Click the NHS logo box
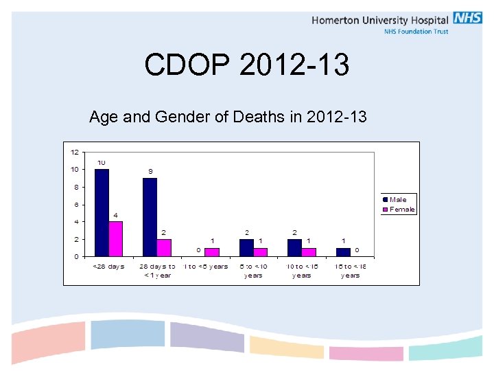pos(467,19)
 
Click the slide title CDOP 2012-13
pos(247,65)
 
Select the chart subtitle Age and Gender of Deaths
pos(228,117)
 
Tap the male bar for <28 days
pos(102,212)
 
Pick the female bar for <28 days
pos(115,238)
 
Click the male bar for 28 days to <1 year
pos(150,216)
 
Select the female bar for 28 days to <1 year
pos(163,247)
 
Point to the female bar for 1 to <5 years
pos(212,252)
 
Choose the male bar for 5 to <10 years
pos(246,247)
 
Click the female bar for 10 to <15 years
pos(309,252)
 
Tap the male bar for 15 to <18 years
pos(343,252)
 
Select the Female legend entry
pos(401,210)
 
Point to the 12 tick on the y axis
pos(73,152)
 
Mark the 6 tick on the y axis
pos(75,204)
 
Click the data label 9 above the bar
pos(150,171)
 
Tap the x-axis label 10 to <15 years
pos(301,271)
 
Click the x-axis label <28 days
pos(108,267)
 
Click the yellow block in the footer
pos(286,346)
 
